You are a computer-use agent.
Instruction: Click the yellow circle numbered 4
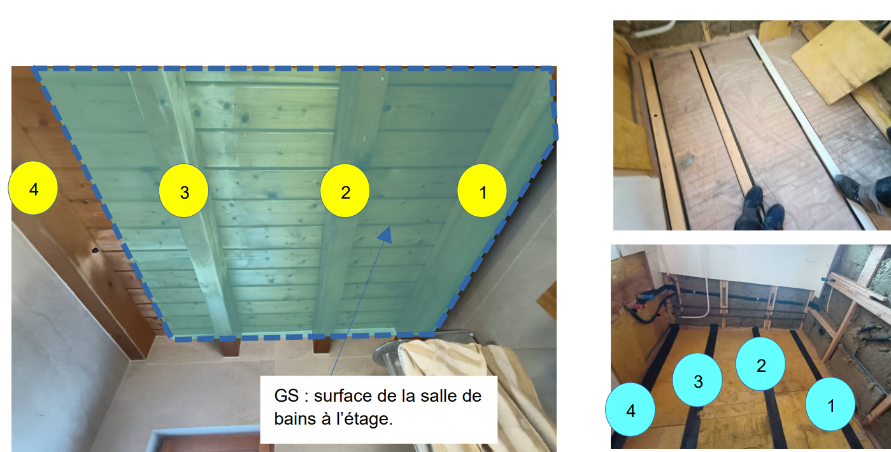(33, 188)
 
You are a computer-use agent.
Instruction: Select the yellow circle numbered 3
(184, 191)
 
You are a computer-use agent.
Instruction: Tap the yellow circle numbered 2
(345, 191)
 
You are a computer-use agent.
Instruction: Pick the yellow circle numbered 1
(482, 191)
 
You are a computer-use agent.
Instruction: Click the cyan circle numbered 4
(630, 409)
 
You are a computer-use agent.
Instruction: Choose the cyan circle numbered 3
(697, 380)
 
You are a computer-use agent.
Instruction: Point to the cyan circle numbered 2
(760, 364)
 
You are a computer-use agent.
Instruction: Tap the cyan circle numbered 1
(830, 404)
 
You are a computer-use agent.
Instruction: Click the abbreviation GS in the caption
(287, 396)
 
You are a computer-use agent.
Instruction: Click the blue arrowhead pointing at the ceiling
(385, 234)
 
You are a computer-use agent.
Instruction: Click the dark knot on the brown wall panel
(95, 250)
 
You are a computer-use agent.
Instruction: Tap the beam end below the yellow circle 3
(231, 347)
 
